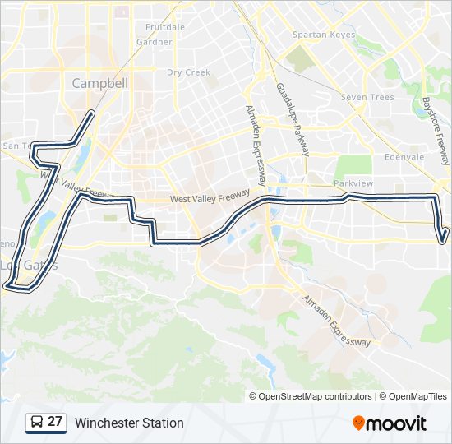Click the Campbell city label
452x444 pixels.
click(x=100, y=83)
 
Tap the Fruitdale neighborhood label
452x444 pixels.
click(x=165, y=27)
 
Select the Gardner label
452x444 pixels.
click(x=155, y=42)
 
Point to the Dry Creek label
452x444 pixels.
click(x=189, y=72)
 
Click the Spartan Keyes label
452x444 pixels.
click(x=324, y=35)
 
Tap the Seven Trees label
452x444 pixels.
click(x=367, y=97)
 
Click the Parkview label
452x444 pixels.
click(x=353, y=183)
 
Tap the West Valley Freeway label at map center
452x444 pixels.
click(x=210, y=199)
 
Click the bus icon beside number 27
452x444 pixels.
click(x=37, y=423)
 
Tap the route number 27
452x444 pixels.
click(x=55, y=422)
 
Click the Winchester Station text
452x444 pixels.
click(x=129, y=423)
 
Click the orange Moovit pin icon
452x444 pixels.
click(x=359, y=423)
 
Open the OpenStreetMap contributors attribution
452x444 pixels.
click(x=315, y=396)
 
